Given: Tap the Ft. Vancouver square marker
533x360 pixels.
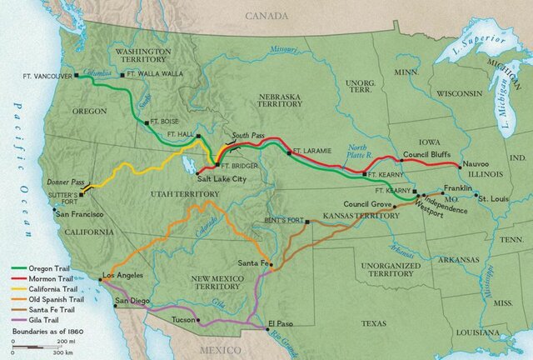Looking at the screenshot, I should click(77, 75).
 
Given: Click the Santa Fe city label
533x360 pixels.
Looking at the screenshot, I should click(253, 263).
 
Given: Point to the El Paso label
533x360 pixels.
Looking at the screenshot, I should click(282, 322).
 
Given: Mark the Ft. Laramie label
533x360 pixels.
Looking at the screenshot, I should click(313, 151).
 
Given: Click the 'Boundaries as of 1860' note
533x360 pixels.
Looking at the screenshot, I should click(49, 332).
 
